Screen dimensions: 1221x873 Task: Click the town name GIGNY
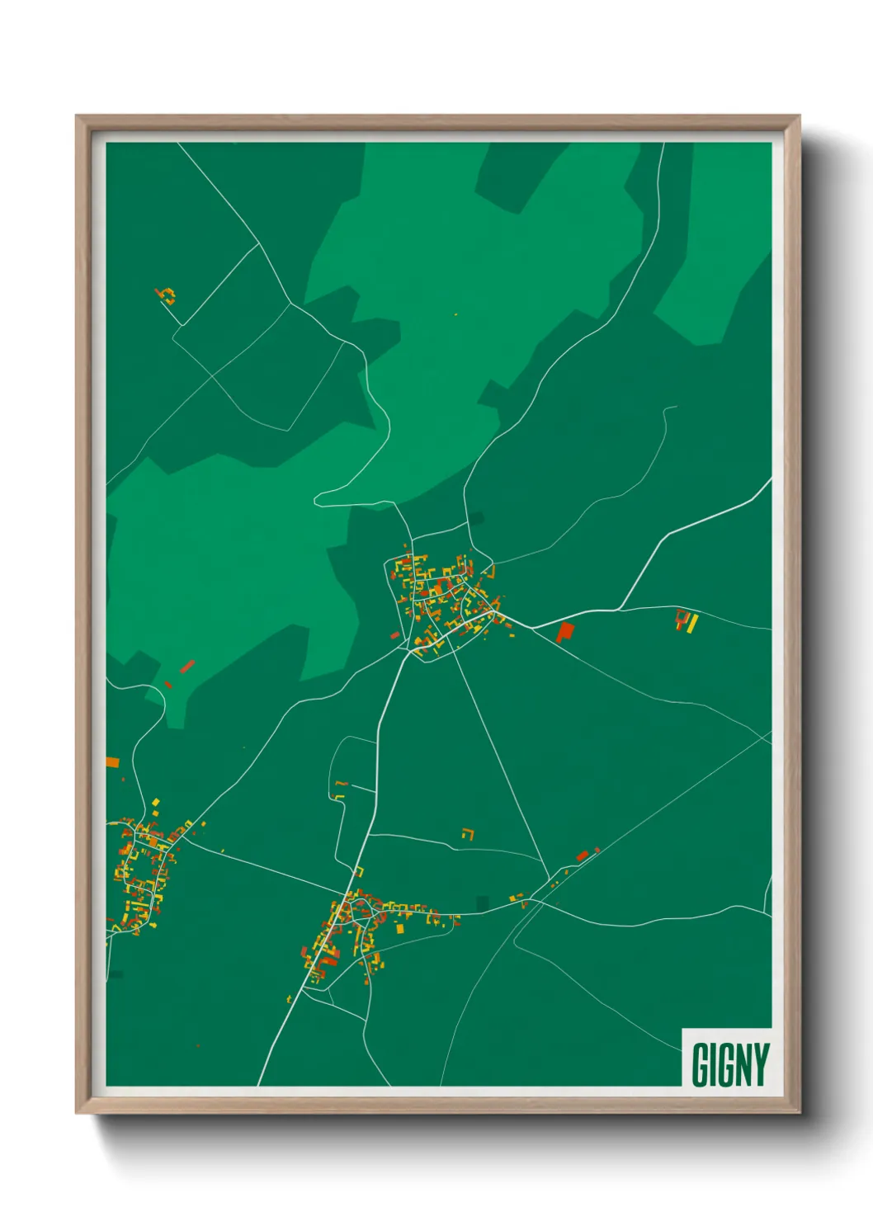pos(730,1065)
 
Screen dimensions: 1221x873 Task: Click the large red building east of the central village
pos(565,632)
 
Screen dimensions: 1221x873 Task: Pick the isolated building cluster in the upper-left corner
pos(166,295)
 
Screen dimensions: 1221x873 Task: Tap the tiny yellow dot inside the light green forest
pos(455,314)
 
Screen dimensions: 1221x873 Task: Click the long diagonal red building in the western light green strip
pos(187,666)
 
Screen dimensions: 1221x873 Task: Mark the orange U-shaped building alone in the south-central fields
pos(469,833)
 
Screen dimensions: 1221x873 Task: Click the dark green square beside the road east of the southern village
pos(483,904)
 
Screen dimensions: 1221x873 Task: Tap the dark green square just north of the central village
pos(477,518)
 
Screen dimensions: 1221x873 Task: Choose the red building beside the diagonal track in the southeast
pos(583,856)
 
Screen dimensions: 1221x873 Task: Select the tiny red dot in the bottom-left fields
pos(198,1046)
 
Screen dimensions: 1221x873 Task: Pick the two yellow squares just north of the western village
pos(155,804)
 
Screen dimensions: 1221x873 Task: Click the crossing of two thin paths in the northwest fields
pos(213,376)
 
